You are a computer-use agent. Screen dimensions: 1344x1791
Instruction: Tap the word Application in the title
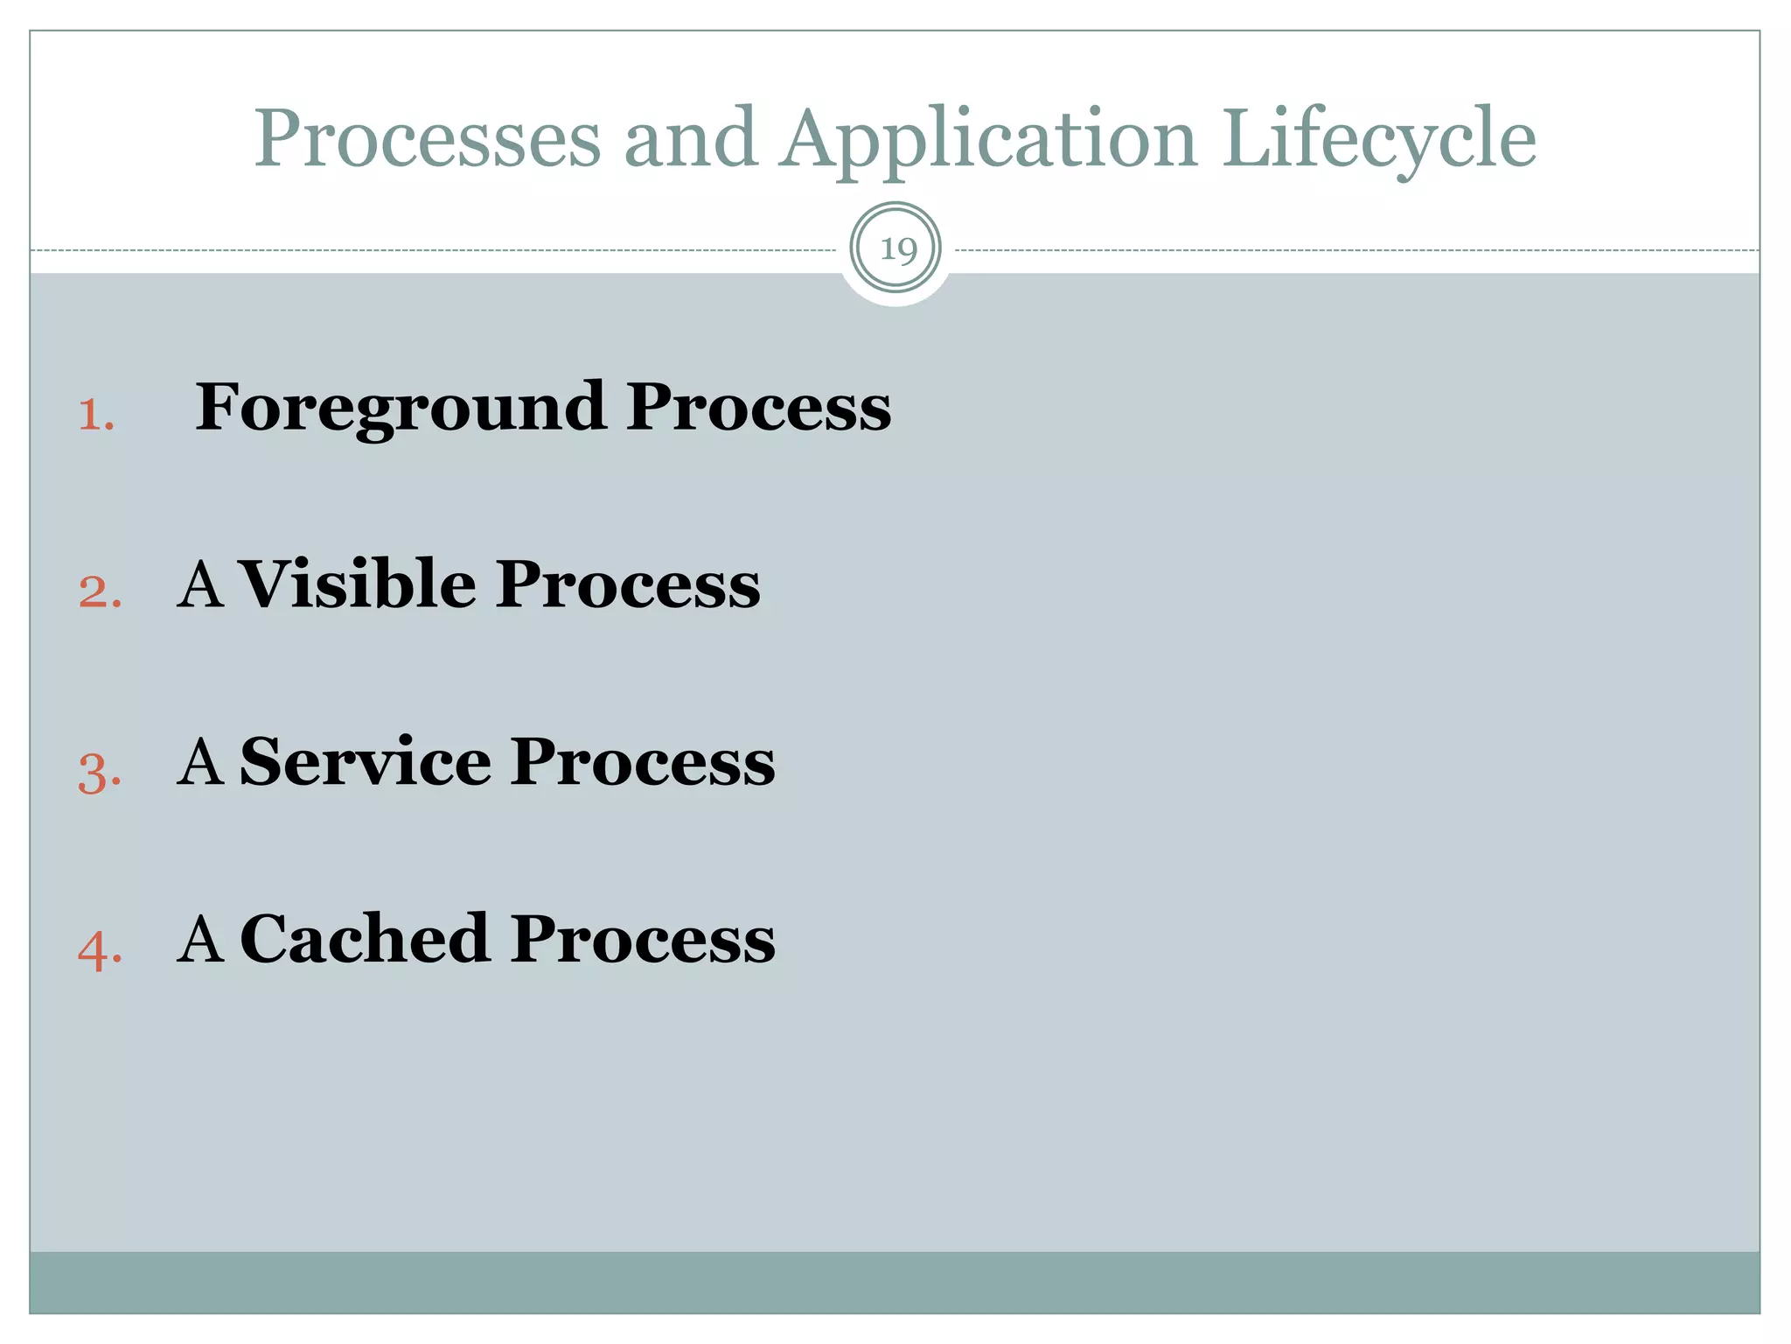pos(989,140)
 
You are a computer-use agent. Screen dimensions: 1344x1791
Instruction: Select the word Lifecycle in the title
pos(1379,140)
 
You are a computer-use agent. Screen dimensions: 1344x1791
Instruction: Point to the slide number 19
pos(896,250)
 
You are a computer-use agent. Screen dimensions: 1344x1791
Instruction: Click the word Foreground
pos(400,409)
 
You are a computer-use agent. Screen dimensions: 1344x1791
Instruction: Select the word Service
pos(365,761)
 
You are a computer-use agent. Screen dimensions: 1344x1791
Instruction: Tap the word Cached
pos(365,939)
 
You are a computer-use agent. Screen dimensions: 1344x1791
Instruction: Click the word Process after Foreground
pos(758,408)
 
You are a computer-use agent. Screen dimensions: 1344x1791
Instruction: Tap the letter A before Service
pos(200,761)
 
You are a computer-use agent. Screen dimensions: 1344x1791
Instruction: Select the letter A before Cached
pos(200,939)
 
